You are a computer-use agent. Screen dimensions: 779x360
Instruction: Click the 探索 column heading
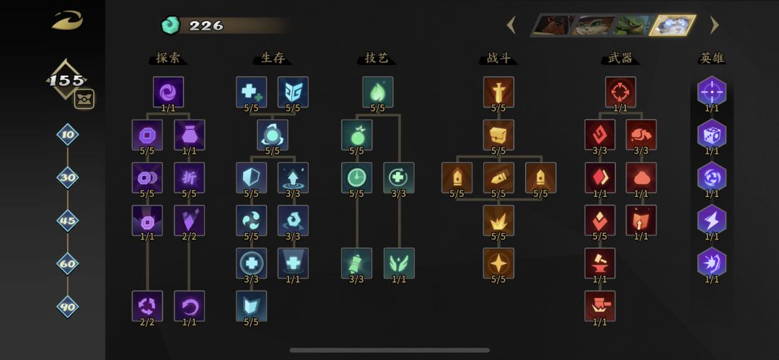(x=168, y=58)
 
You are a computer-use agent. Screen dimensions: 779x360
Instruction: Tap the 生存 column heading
(x=272, y=58)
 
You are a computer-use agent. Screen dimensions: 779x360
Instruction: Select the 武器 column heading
(x=620, y=58)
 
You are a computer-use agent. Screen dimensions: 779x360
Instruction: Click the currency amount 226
(x=206, y=26)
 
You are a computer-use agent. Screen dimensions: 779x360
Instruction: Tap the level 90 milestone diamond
(x=68, y=307)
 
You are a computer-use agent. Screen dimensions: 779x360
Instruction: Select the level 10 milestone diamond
(x=68, y=135)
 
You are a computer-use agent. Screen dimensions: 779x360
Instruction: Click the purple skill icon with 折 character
(x=189, y=177)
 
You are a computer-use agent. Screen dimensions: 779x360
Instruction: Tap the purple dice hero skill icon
(x=711, y=134)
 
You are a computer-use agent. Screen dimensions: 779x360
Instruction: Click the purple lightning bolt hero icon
(x=711, y=220)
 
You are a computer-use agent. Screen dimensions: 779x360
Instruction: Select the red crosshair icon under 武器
(x=620, y=92)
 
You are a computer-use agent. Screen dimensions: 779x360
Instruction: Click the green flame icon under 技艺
(x=377, y=92)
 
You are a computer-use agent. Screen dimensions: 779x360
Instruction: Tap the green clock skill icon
(x=357, y=177)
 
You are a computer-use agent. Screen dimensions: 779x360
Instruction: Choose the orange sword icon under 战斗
(x=499, y=92)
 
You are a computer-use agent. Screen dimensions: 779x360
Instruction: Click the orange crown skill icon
(x=499, y=220)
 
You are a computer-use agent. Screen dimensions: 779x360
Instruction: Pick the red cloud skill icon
(x=641, y=177)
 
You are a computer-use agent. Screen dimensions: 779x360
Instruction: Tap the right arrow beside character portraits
(x=714, y=25)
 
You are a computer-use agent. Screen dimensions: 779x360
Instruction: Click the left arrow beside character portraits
(x=511, y=25)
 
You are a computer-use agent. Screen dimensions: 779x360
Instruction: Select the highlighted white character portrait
(x=673, y=25)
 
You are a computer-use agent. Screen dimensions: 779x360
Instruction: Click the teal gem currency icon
(x=170, y=25)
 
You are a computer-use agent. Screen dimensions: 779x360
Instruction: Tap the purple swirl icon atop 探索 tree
(x=168, y=92)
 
